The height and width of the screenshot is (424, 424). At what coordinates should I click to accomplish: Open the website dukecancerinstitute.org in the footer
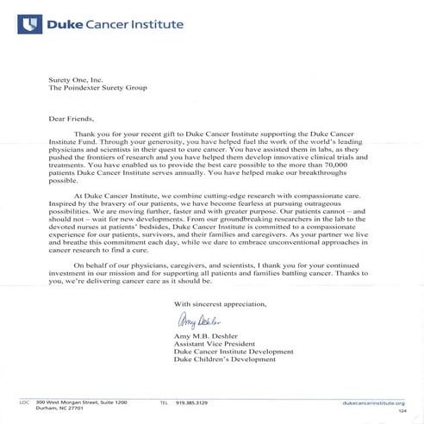tap(373, 403)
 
